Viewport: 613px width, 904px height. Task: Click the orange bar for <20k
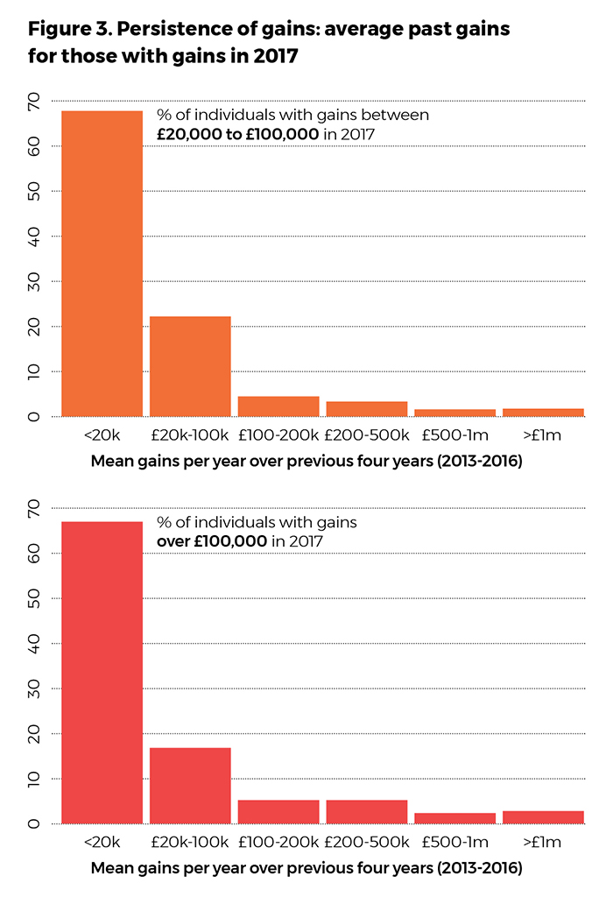[102, 263]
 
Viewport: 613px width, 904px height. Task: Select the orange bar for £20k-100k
[190, 366]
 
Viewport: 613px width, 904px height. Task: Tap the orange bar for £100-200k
[278, 406]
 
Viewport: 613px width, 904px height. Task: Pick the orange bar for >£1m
[543, 412]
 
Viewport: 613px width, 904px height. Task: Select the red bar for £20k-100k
[190, 785]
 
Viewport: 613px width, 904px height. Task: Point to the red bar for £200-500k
[367, 811]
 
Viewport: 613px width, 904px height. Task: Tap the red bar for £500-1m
[454, 818]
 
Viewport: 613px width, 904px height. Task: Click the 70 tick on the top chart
[34, 102]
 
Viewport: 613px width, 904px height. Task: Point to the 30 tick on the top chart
[34, 281]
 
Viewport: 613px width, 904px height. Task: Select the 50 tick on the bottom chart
[34, 599]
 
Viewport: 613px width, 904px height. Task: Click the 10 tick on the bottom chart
[34, 779]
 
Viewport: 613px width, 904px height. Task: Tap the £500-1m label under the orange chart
[454, 434]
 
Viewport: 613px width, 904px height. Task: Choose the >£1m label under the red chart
[543, 842]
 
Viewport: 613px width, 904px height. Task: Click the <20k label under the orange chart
[102, 434]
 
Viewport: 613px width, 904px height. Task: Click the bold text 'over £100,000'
[212, 541]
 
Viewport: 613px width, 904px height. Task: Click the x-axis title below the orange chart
[306, 462]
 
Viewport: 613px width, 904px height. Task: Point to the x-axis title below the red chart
[306, 869]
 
